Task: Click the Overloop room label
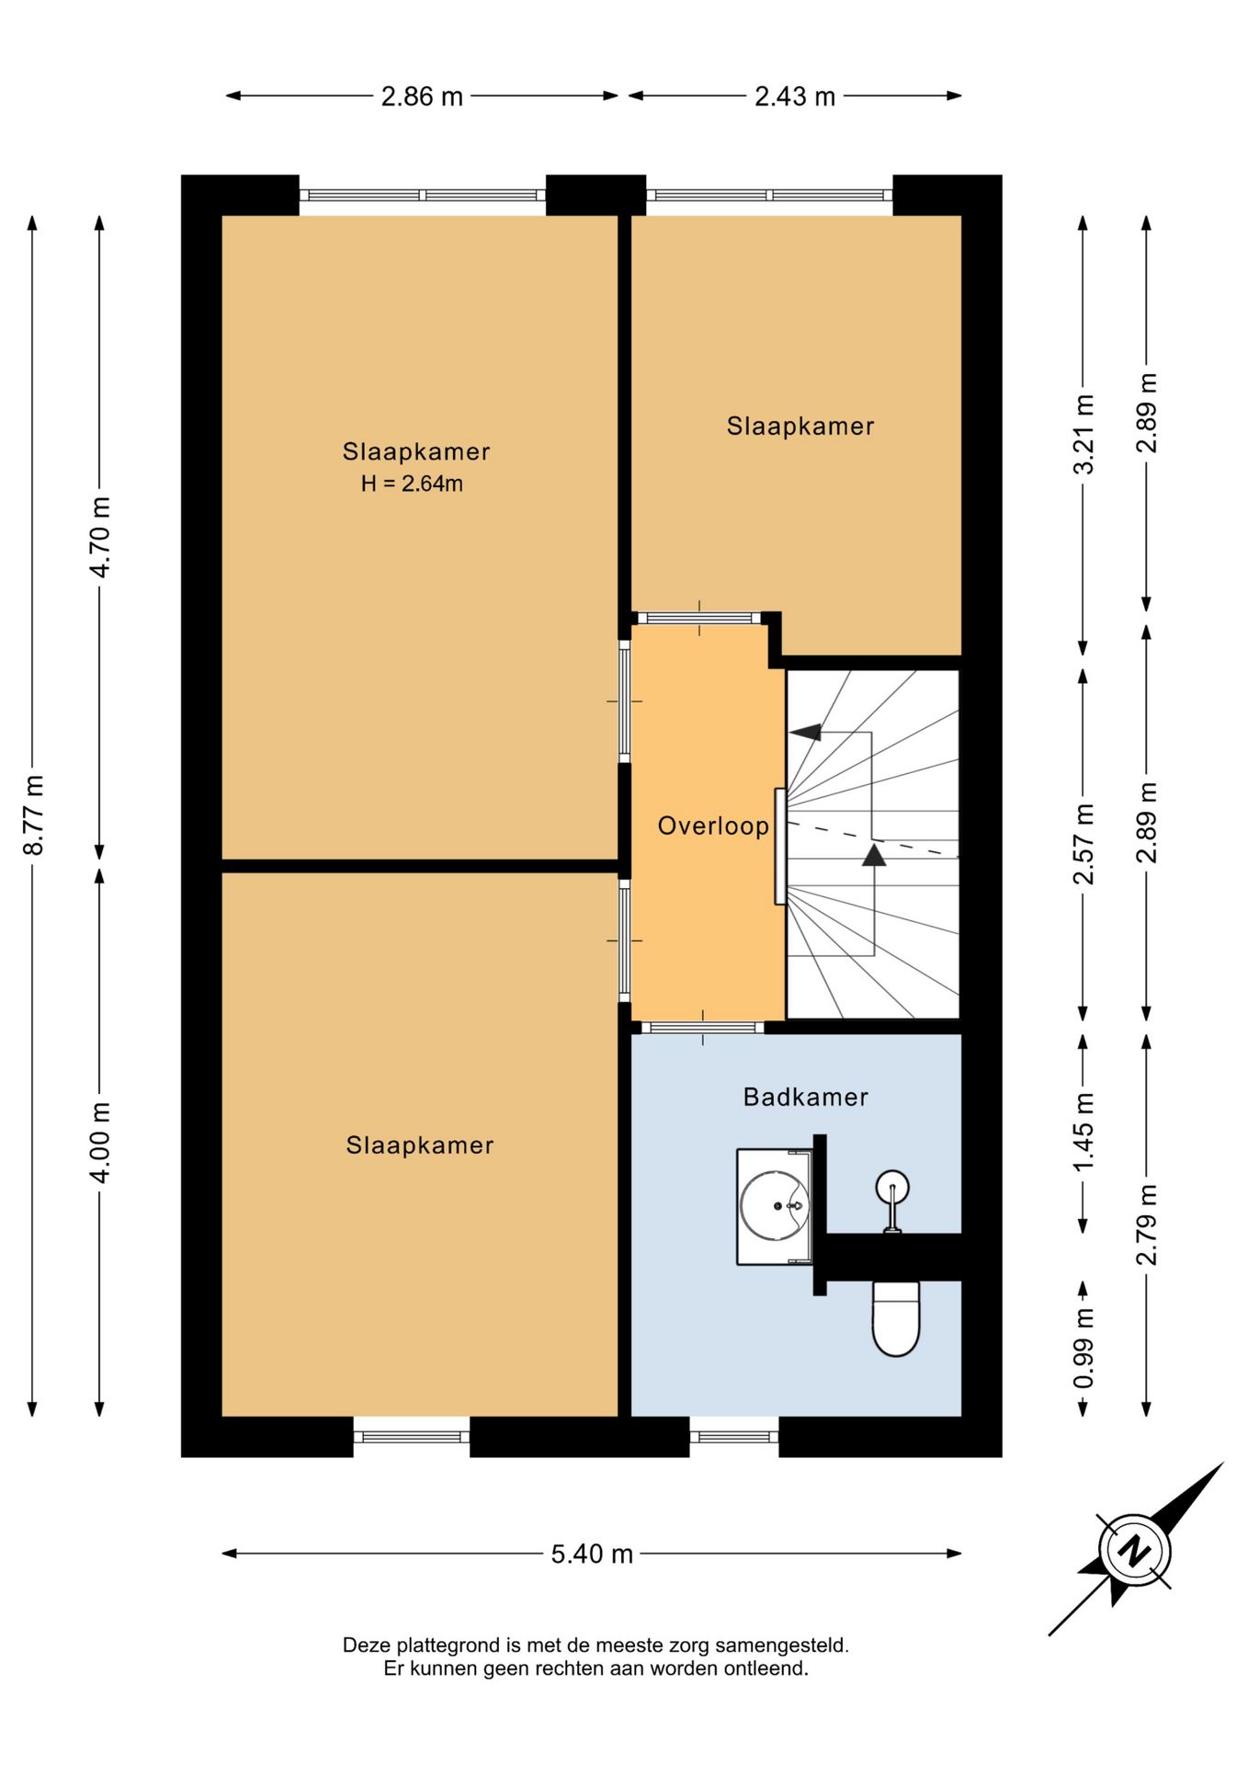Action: [x=713, y=826]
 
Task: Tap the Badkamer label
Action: [x=805, y=1097]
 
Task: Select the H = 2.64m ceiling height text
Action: [x=412, y=484]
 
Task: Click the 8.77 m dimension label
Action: [x=34, y=815]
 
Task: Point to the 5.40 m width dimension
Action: [x=592, y=1554]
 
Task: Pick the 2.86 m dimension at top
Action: [x=422, y=96]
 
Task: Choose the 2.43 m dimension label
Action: [x=795, y=96]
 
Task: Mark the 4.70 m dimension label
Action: [x=100, y=537]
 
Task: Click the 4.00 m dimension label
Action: [x=100, y=1143]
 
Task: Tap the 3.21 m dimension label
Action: [x=1084, y=434]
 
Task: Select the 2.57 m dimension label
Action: [x=1084, y=844]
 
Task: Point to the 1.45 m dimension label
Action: [x=1084, y=1132]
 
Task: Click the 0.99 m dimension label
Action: [x=1084, y=1349]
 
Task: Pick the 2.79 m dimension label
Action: [x=1147, y=1224]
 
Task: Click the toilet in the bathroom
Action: [x=896, y=1319]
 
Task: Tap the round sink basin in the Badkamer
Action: [x=775, y=1205]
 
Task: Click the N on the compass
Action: [x=1135, y=1551]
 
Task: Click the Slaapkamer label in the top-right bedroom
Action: [x=800, y=426]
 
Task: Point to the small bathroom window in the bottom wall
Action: [x=734, y=1437]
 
